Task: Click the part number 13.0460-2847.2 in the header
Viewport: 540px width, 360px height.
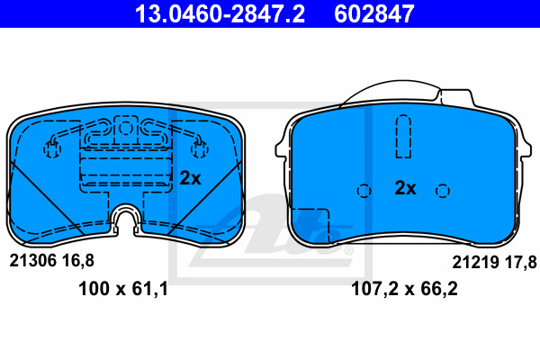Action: tap(220, 13)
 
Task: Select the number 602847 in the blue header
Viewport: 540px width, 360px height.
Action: tap(374, 13)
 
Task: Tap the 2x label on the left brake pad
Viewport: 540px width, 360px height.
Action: tap(190, 178)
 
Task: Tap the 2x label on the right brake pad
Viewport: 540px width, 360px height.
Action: tap(405, 188)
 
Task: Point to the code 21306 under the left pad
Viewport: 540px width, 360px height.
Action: tap(32, 261)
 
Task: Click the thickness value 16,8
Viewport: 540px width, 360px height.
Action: tap(78, 261)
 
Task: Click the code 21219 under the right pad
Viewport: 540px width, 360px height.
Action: tap(475, 262)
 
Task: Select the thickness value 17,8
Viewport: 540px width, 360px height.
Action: tap(521, 262)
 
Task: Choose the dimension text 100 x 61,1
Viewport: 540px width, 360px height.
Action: tap(123, 289)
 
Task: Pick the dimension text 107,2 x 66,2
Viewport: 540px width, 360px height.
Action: tap(404, 289)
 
